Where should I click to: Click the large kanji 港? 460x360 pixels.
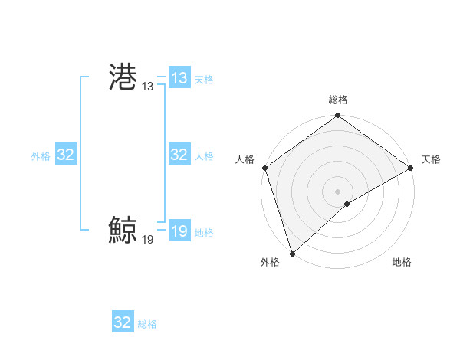click(123, 77)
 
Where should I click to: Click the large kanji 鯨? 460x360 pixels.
click(123, 230)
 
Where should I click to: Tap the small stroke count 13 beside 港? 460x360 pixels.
click(147, 87)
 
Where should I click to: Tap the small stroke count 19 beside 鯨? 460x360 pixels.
click(147, 240)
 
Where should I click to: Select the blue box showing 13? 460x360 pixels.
click(179, 78)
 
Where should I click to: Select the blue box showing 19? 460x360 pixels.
click(179, 231)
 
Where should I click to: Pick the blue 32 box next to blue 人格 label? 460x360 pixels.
click(179, 155)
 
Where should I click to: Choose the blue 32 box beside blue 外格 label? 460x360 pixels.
click(65, 155)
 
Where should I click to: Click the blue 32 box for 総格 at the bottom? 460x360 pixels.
click(123, 322)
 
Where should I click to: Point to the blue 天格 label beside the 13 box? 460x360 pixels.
click(204, 80)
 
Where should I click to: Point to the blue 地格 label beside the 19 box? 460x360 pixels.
click(204, 233)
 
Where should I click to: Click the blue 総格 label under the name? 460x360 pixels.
click(147, 324)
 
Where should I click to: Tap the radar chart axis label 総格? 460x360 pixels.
click(337, 100)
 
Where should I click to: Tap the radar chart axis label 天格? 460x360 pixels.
click(431, 159)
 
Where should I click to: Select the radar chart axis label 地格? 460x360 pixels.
click(402, 263)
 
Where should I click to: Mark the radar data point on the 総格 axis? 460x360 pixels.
click(337, 116)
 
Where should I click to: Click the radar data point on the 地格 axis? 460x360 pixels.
click(347, 204)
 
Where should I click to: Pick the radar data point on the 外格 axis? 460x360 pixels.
click(292, 253)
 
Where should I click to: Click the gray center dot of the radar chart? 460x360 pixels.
click(337, 191)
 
